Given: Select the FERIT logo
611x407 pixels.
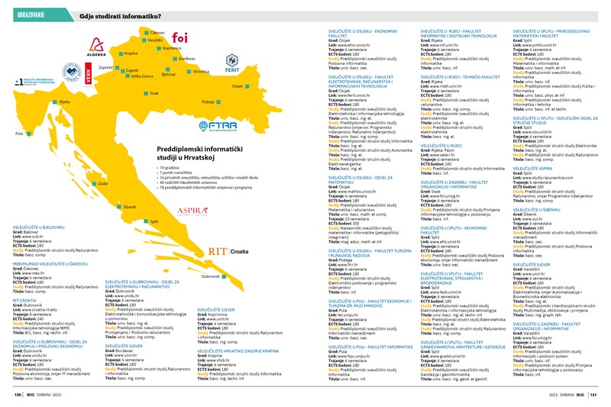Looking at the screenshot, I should coord(233,63).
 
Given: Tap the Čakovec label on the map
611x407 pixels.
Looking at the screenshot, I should coord(157,33).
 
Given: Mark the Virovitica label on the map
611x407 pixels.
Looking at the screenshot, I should coord(200,71).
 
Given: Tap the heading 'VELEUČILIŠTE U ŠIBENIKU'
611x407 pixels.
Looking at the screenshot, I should coord(538,208).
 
